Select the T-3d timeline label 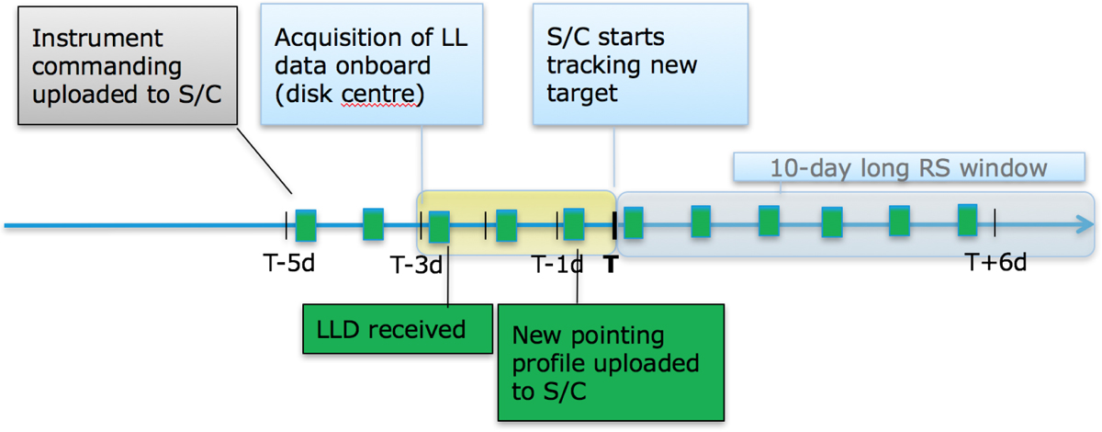coord(415,266)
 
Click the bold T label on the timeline coord(611,265)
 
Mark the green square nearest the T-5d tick coord(306,225)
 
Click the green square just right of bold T coord(633,223)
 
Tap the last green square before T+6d coord(968,221)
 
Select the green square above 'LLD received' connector coord(440,226)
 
